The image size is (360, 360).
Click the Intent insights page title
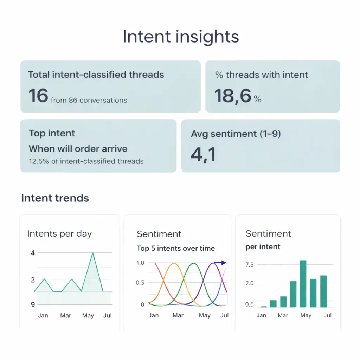click(x=180, y=37)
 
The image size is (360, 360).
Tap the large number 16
click(x=38, y=96)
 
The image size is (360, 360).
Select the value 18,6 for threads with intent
click(x=232, y=96)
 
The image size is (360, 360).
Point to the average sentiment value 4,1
click(x=203, y=155)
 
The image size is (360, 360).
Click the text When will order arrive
click(x=78, y=149)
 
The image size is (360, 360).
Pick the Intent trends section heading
click(x=55, y=198)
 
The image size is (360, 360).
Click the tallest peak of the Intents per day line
click(x=93, y=253)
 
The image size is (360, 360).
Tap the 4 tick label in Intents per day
click(x=33, y=253)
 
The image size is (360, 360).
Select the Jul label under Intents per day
click(x=107, y=315)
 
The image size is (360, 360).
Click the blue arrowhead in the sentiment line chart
click(x=224, y=263)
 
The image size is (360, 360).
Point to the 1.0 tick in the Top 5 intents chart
click(x=140, y=263)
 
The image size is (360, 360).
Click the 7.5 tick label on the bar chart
click(x=250, y=265)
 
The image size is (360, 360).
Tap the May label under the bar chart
click(x=306, y=315)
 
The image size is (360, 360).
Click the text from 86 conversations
click(x=89, y=100)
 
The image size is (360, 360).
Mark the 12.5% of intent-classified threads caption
click(x=86, y=161)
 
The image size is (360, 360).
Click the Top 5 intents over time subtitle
click(x=175, y=248)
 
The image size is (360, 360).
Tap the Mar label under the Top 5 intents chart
click(x=178, y=315)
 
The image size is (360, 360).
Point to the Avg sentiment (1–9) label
click(x=236, y=134)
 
